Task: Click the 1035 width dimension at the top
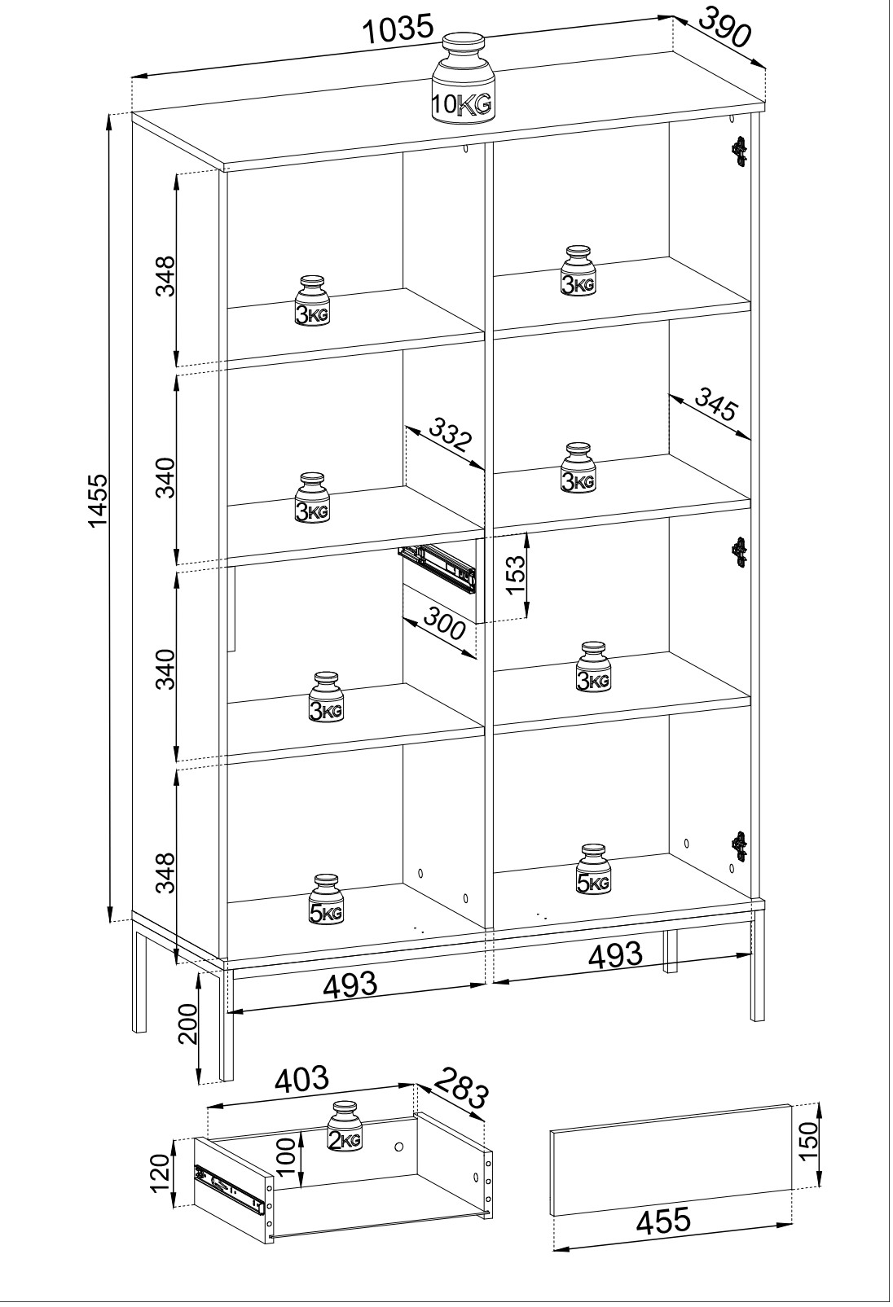398,31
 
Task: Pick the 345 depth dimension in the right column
715,406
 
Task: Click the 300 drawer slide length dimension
444,628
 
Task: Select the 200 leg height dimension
187,1023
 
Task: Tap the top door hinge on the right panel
739,151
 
